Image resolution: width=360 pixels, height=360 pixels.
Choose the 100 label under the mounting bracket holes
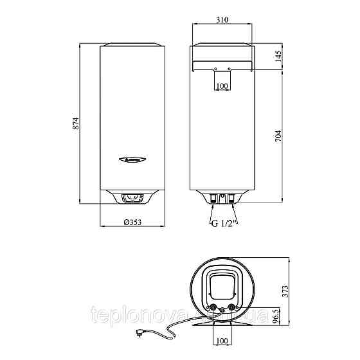[x=222, y=85]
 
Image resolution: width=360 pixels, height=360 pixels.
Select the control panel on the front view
[x=133, y=199]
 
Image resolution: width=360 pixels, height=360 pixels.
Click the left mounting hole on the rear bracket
[x=215, y=69]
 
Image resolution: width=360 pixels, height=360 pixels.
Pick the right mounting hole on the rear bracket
[x=229, y=69]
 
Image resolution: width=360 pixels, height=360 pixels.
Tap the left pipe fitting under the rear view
[x=212, y=199]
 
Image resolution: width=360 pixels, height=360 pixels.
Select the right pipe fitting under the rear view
[x=231, y=199]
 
